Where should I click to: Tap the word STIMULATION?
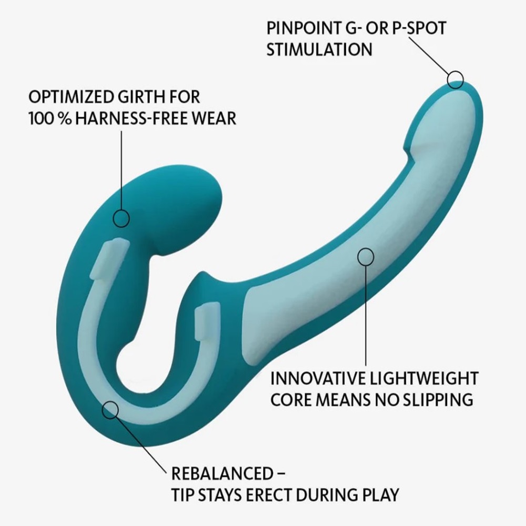click(x=319, y=49)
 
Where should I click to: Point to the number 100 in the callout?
click(x=40, y=119)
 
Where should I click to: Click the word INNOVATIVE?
click(x=318, y=378)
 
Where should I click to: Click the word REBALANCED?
click(x=222, y=474)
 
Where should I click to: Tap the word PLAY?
click(x=380, y=495)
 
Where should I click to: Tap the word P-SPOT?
click(x=419, y=28)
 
